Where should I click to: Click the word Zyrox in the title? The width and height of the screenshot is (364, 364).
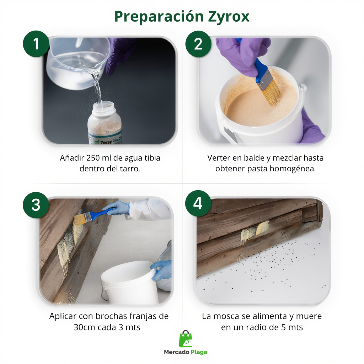coord(229,17)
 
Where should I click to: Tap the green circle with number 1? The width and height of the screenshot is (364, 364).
coord(36,44)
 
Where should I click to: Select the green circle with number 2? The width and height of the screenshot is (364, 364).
coord(198,44)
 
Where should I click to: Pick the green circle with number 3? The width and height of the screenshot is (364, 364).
coord(36,205)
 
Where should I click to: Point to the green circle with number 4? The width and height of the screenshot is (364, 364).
coord(198,203)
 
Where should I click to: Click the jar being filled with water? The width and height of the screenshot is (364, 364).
coord(105,123)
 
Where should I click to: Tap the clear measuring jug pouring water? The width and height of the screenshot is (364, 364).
coord(78,63)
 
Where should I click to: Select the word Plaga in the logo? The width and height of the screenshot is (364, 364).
coord(199,352)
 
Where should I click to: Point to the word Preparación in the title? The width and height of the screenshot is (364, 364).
coord(159,17)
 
